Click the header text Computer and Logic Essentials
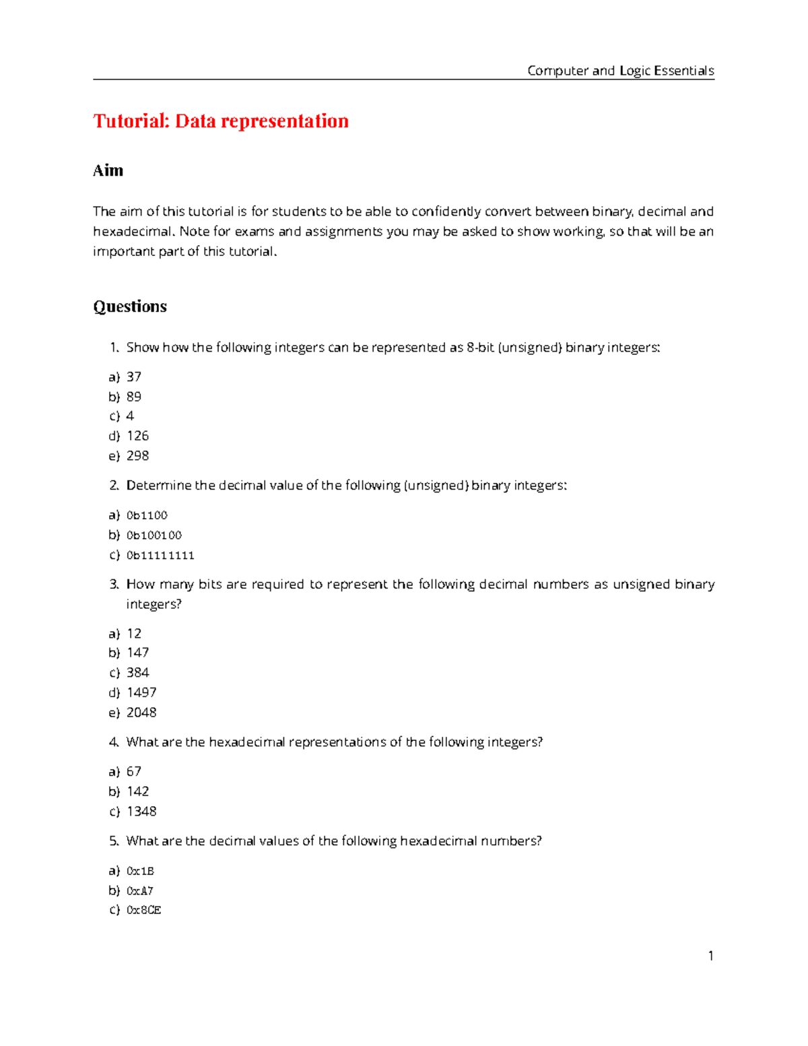[620, 71]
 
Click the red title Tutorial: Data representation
[221, 121]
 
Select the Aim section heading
[108, 170]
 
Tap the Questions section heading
[130, 306]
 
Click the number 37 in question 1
[134, 377]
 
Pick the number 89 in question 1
[134, 397]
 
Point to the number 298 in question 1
[137, 456]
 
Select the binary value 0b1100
[147, 515]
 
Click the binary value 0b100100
[154, 535]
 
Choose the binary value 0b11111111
[160, 555]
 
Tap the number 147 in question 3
[137, 653]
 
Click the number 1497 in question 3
[141, 692]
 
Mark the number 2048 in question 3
[141, 713]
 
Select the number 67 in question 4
[134, 771]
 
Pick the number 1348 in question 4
[141, 812]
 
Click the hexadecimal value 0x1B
[140, 871]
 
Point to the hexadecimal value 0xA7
[140, 890]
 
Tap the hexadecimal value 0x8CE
[144, 910]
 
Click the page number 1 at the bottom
[710, 956]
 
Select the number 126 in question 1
[137, 436]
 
